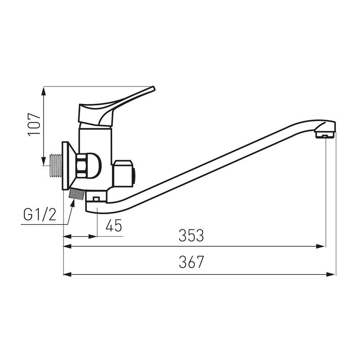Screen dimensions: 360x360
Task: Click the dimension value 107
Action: click(34, 125)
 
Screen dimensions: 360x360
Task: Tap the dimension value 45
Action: click(114, 225)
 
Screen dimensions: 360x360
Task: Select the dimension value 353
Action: click(191, 235)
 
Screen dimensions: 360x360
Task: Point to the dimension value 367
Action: click(191, 262)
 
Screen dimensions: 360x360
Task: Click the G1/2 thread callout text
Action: click(40, 215)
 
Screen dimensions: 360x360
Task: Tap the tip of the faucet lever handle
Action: click(153, 88)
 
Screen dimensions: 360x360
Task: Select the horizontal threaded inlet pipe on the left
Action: click(56, 166)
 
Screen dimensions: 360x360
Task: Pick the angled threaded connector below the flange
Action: click(76, 194)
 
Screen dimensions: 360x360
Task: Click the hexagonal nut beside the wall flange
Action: click(81, 166)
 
